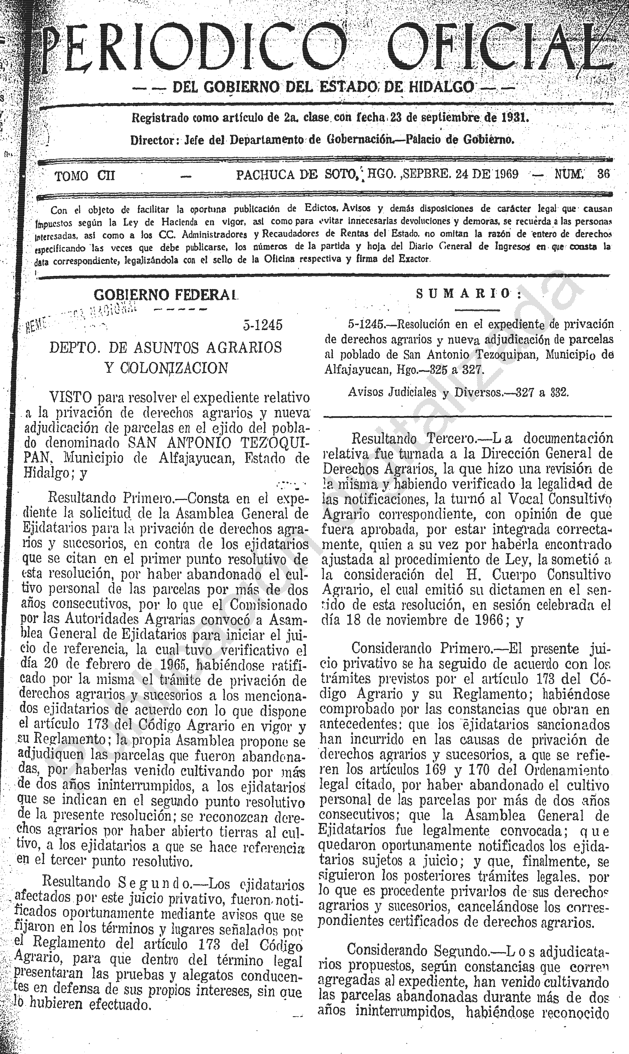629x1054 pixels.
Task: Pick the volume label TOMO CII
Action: click(85, 175)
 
